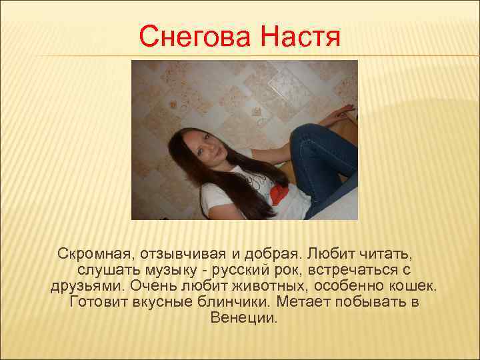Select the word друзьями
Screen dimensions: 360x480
click(87, 286)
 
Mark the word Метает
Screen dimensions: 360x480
click(323, 302)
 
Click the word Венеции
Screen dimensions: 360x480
click(243, 318)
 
